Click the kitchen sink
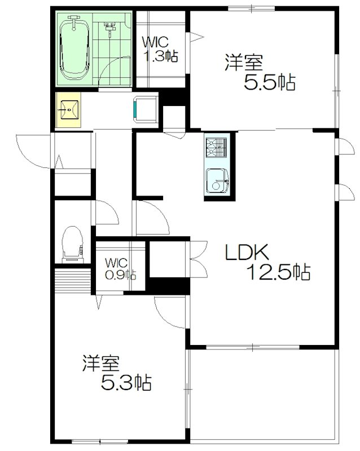click(x=217, y=180)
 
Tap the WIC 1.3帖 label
click(x=160, y=50)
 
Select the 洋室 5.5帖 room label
click(x=260, y=72)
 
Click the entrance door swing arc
click(x=32, y=149)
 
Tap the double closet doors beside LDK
click(x=197, y=259)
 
